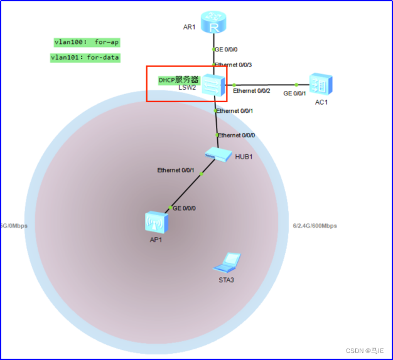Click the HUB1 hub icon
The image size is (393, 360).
217,154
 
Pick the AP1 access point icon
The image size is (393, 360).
155,221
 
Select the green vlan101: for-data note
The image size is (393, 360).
85,58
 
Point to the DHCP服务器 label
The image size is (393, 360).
178,80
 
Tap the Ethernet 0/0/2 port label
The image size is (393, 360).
251,91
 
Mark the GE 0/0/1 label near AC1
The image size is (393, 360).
295,93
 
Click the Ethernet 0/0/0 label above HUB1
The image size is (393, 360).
237,135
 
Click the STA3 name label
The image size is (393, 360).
226,280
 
